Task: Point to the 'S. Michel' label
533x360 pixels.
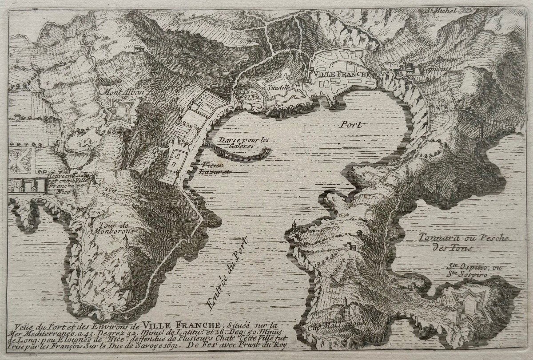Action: (440, 10)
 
